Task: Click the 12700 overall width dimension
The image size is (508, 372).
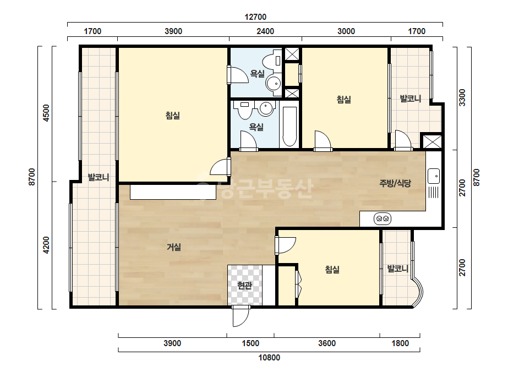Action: click(255, 17)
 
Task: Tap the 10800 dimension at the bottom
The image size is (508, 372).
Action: click(269, 358)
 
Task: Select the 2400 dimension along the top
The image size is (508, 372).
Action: click(265, 31)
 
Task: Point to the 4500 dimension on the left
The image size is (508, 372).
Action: click(46, 113)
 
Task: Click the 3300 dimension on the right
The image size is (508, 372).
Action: click(462, 97)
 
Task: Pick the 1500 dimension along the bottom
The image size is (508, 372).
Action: click(250, 343)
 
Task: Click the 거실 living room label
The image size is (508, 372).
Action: click(174, 247)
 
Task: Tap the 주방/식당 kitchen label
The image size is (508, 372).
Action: click(395, 183)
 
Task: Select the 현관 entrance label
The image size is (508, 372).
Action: click(244, 286)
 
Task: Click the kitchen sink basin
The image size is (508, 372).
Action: click(434, 176)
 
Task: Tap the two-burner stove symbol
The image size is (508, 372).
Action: click(383, 218)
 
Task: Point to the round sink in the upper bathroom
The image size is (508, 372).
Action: click(273, 84)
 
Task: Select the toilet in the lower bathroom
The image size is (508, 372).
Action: click(244, 110)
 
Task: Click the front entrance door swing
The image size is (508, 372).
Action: click(241, 316)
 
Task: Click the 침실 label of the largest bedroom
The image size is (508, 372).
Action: click(173, 116)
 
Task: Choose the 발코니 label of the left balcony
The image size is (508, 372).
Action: click(99, 178)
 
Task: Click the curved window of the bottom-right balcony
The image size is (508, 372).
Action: click(418, 292)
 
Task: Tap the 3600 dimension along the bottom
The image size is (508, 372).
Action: click(327, 343)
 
